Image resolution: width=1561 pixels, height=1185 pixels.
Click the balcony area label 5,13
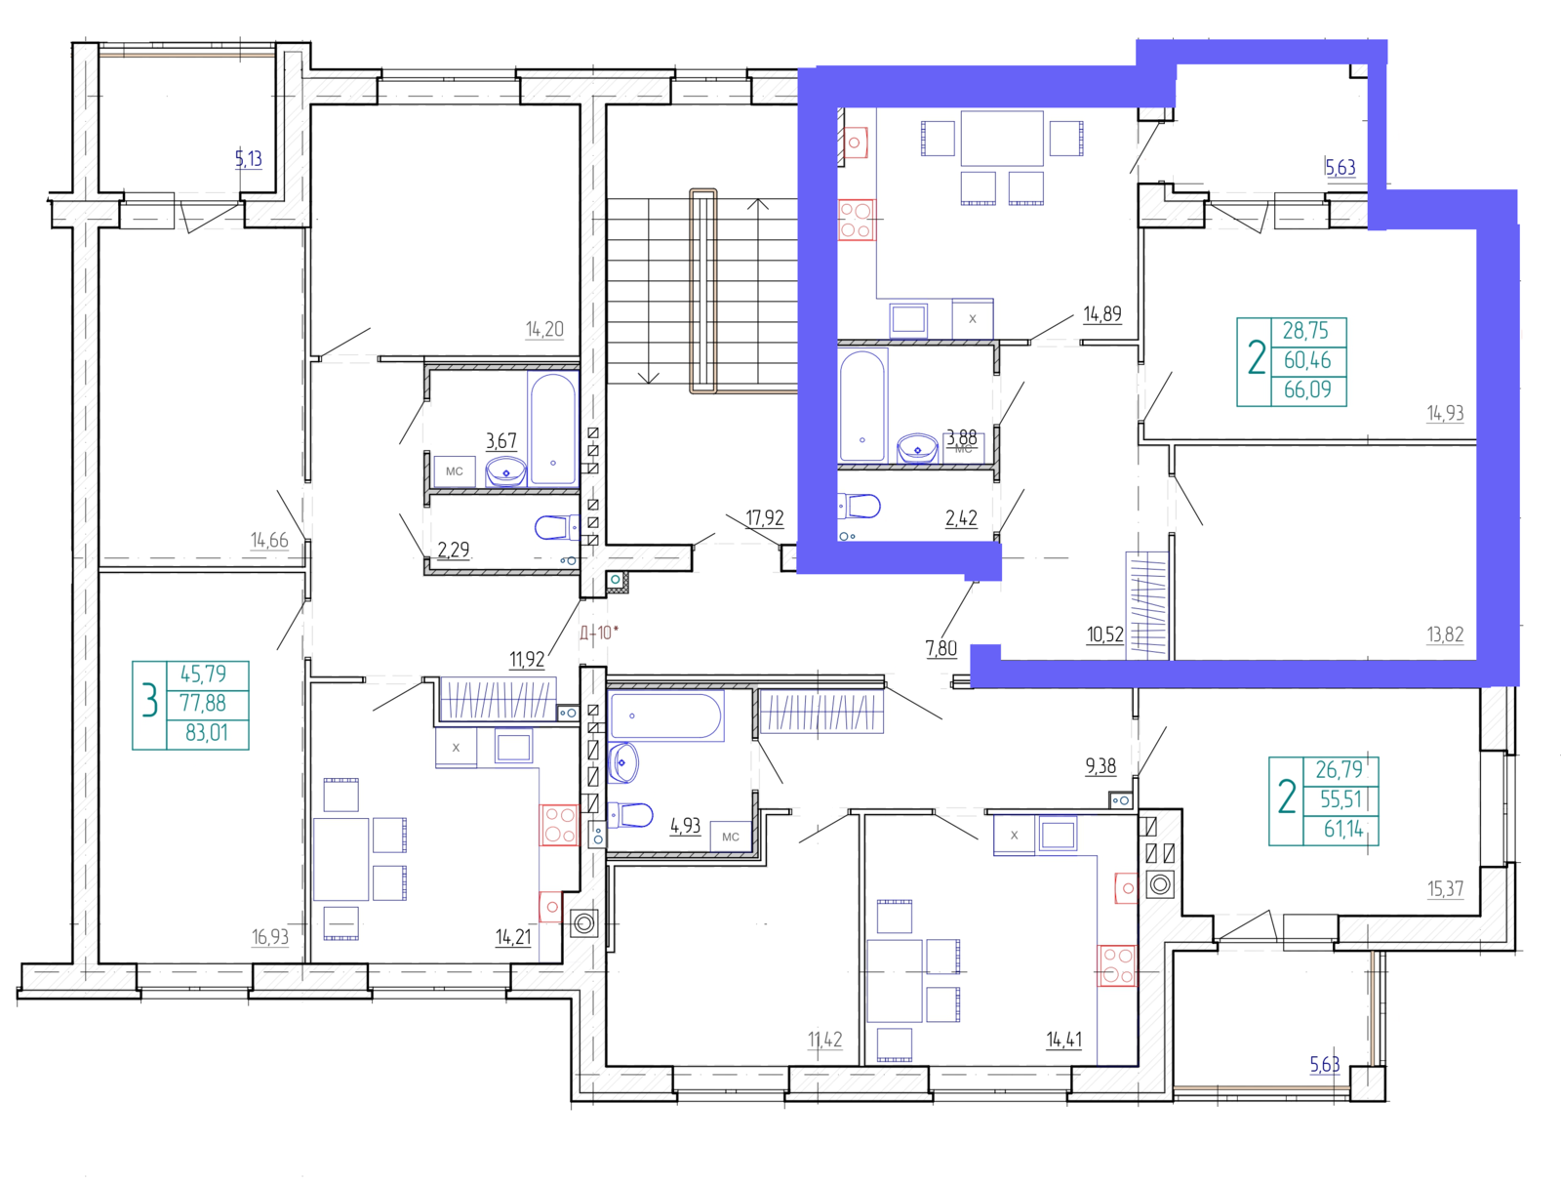[x=248, y=158]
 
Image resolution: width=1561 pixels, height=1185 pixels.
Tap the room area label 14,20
[x=544, y=329]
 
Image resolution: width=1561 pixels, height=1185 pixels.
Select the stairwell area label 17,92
[x=765, y=517]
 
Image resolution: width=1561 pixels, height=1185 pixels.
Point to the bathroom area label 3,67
[x=501, y=440]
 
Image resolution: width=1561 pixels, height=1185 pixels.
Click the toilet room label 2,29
[x=454, y=550]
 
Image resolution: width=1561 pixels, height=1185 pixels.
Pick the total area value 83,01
[x=206, y=733]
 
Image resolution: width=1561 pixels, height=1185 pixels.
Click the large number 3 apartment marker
[x=149, y=701]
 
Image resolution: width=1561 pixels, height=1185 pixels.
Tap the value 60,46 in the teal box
[x=1307, y=360]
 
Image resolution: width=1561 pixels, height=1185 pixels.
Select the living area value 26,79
[x=1340, y=769]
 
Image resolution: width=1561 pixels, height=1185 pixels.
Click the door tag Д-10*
[x=599, y=633]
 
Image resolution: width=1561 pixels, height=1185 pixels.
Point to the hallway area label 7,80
[x=941, y=648]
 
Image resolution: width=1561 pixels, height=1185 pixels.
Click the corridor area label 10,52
[x=1105, y=634]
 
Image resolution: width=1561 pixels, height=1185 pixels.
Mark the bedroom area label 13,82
[x=1445, y=633]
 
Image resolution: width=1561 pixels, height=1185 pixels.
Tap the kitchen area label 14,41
[x=1063, y=1040]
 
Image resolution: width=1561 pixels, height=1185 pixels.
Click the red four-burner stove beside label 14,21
[x=560, y=825]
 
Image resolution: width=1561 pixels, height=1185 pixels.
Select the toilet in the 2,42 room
[x=860, y=507]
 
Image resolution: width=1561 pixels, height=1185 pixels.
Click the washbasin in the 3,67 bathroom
[x=505, y=471]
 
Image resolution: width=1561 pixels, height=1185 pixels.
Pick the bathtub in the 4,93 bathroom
[x=665, y=715]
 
